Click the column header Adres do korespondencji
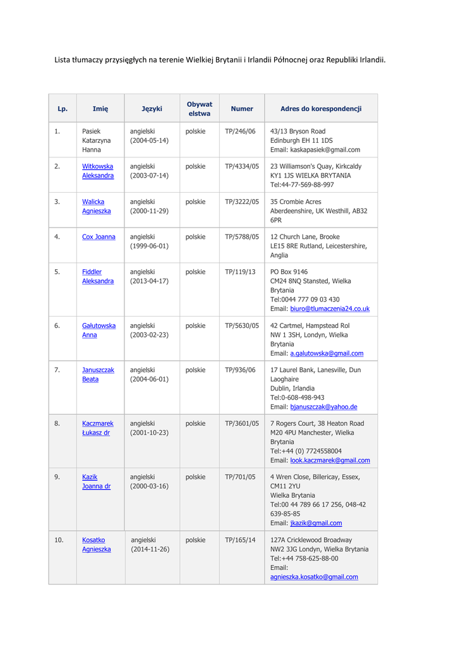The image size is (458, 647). (320, 109)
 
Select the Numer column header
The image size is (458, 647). (242, 109)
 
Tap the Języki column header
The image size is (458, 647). (152, 109)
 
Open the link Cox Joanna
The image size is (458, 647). (99, 237)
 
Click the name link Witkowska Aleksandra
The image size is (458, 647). (98, 171)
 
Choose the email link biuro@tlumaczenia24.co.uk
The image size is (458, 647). (330, 309)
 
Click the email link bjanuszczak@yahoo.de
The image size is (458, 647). (323, 407)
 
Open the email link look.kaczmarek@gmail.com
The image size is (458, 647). (330, 461)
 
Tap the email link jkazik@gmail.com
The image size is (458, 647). (316, 523)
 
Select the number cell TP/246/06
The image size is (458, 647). (240, 131)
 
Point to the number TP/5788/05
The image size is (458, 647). (242, 237)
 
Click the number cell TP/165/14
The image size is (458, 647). (240, 540)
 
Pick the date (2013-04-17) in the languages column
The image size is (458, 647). (149, 281)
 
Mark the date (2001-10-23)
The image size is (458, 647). (149, 433)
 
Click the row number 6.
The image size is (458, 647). (57, 326)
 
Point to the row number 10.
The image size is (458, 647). (59, 540)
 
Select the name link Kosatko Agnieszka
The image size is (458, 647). (97, 545)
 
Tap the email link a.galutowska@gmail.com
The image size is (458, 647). (327, 353)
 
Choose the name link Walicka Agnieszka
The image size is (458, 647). (97, 206)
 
